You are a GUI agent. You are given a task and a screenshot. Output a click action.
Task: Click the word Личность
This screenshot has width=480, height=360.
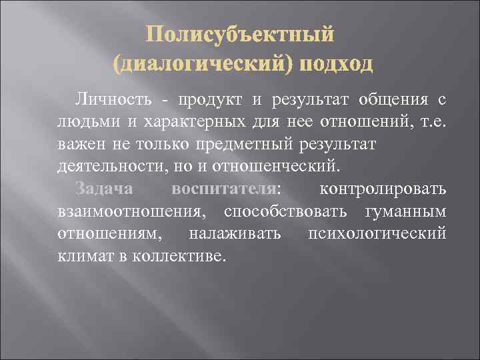pos(115,100)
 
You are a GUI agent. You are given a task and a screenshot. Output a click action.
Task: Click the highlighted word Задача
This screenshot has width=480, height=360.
pos(105,189)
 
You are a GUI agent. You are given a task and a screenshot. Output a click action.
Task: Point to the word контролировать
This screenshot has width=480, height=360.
pos(383,189)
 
